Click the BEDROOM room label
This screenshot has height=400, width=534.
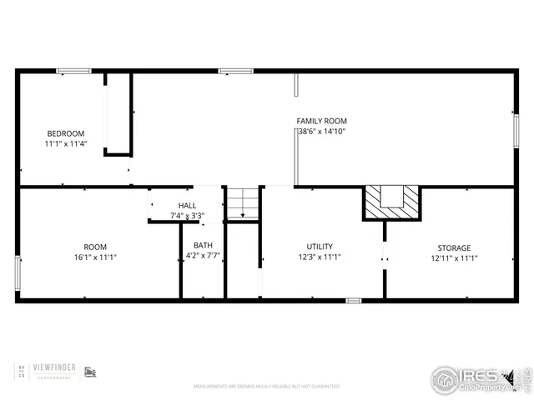(65, 133)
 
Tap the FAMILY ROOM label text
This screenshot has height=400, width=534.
(321, 121)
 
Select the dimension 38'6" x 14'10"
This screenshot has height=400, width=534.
(321, 132)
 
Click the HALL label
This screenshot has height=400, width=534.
(187, 205)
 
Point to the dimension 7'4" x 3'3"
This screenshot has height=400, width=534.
(187, 216)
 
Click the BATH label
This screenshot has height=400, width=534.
(203, 245)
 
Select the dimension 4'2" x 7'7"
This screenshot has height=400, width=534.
(203, 257)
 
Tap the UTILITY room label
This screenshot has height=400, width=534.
(320, 247)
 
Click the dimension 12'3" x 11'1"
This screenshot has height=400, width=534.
(320, 257)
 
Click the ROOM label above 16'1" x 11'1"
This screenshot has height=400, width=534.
(95, 247)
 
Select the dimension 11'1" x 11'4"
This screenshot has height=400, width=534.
(65, 144)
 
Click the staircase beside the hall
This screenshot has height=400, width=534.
(243, 203)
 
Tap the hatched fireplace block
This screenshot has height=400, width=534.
(392, 201)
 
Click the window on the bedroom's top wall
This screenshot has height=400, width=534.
(73, 72)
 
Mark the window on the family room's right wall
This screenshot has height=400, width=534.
(516, 132)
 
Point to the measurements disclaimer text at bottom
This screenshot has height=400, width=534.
(266, 387)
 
